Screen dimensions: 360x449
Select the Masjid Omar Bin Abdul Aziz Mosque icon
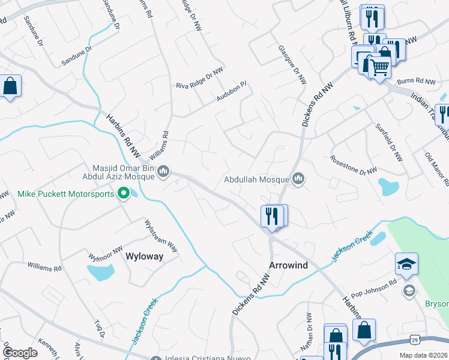pos(163,173)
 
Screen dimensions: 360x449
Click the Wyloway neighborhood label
pos(143,256)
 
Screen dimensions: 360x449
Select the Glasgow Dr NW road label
pos(292,64)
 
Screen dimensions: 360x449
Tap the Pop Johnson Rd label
pos(375,286)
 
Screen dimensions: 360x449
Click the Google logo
pos(20,352)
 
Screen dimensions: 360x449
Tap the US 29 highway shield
pos(415,340)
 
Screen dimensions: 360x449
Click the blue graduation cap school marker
pos(406,265)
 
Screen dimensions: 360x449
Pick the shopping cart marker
pos(379,67)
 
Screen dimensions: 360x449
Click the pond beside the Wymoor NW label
pos(101,272)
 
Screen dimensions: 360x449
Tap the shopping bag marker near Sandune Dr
pos(10,86)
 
